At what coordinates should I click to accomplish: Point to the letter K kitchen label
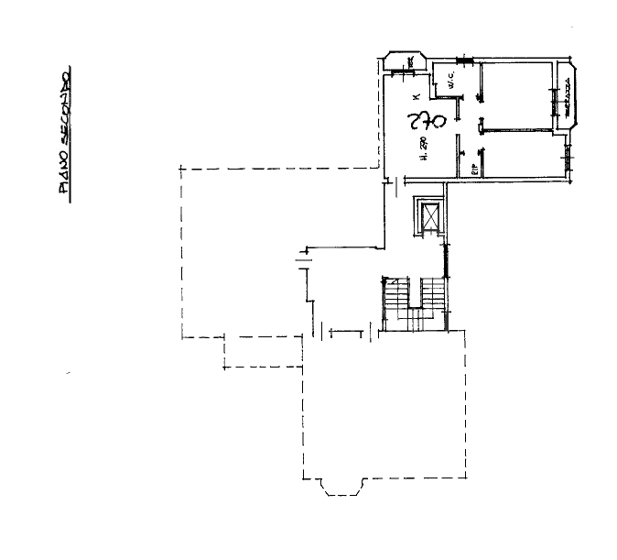415,96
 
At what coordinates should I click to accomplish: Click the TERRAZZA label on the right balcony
568,97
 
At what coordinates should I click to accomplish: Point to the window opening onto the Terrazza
554,100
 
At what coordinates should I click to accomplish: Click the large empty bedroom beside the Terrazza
517,96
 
